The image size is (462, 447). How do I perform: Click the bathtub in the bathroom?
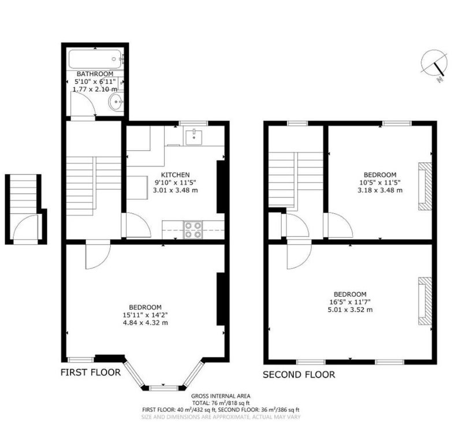[x=95, y=59]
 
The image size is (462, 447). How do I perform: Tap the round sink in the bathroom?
[x=116, y=102]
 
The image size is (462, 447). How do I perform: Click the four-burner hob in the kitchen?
[x=193, y=230]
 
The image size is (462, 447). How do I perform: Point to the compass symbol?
[x=434, y=64]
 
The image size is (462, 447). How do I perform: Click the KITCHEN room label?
[x=176, y=175]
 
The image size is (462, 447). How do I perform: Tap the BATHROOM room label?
[x=95, y=74]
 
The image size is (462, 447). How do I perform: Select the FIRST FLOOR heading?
[x=91, y=372]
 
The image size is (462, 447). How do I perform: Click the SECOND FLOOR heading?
[x=299, y=374]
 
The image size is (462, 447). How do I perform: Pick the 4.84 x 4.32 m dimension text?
[x=146, y=323]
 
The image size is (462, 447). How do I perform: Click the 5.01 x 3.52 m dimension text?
[x=350, y=310]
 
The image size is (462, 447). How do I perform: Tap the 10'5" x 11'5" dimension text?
[x=380, y=182]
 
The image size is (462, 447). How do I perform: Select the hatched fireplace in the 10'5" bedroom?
[x=424, y=186]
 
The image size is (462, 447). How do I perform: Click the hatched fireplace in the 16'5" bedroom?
[x=424, y=301]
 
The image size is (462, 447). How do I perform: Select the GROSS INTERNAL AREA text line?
[x=221, y=396]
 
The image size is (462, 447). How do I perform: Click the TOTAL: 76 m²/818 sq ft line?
[x=221, y=403]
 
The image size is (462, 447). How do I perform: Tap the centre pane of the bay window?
[x=164, y=388]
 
